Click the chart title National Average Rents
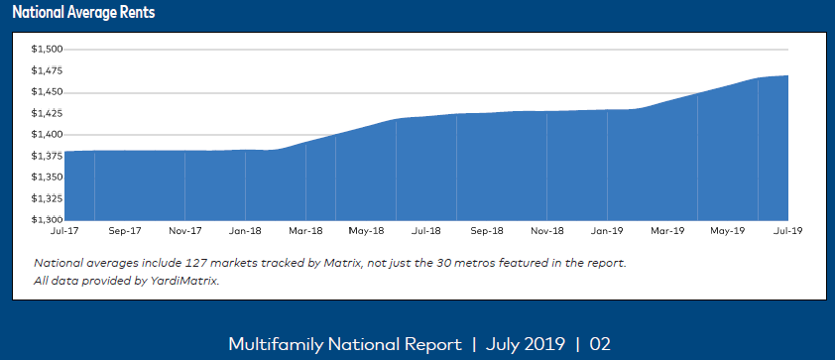pyautogui.click(x=83, y=14)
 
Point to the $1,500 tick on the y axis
pyautogui.click(x=47, y=49)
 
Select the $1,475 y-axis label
pyautogui.click(x=47, y=70)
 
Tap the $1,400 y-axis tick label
pyautogui.click(x=47, y=134)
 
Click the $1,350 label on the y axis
pyautogui.click(x=47, y=177)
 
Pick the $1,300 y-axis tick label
pyautogui.click(x=47, y=219)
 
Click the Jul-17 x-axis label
pyautogui.click(x=63, y=231)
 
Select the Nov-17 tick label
pyautogui.click(x=184, y=231)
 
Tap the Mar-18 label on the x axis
pyautogui.click(x=305, y=231)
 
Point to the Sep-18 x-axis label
pyautogui.click(x=486, y=231)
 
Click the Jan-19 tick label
pyautogui.click(x=607, y=231)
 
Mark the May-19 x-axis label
pyautogui.click(x=727, y=231)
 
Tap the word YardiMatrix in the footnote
pyautogui.click(x=186, y=281)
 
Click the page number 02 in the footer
pyautogui.click(x=600, y=344)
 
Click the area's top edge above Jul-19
pyautogui.click(x=786, y=75)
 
